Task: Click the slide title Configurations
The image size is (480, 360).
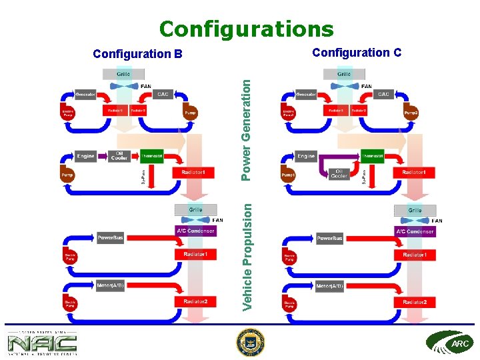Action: [246, 29]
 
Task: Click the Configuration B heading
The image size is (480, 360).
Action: [137, 53]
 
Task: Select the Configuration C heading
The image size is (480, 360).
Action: [357, 52]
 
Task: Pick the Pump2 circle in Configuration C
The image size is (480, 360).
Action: [411, 113]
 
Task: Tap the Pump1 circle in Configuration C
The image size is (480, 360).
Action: [288, 175]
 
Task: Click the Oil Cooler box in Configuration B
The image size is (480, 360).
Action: [119, 156]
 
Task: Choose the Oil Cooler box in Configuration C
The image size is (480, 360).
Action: [339, 174]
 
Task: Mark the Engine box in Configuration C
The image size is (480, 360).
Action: [306, 156]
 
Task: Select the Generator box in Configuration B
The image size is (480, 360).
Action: [85, 95]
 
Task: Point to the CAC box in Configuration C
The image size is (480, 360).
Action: [383, 95]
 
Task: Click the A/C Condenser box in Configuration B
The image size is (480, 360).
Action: [195, 231]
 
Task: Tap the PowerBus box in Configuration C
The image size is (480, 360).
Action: [329, 238]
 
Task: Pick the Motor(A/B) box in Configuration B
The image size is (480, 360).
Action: [110, 285]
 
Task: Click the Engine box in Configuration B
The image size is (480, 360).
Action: [85, 156]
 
